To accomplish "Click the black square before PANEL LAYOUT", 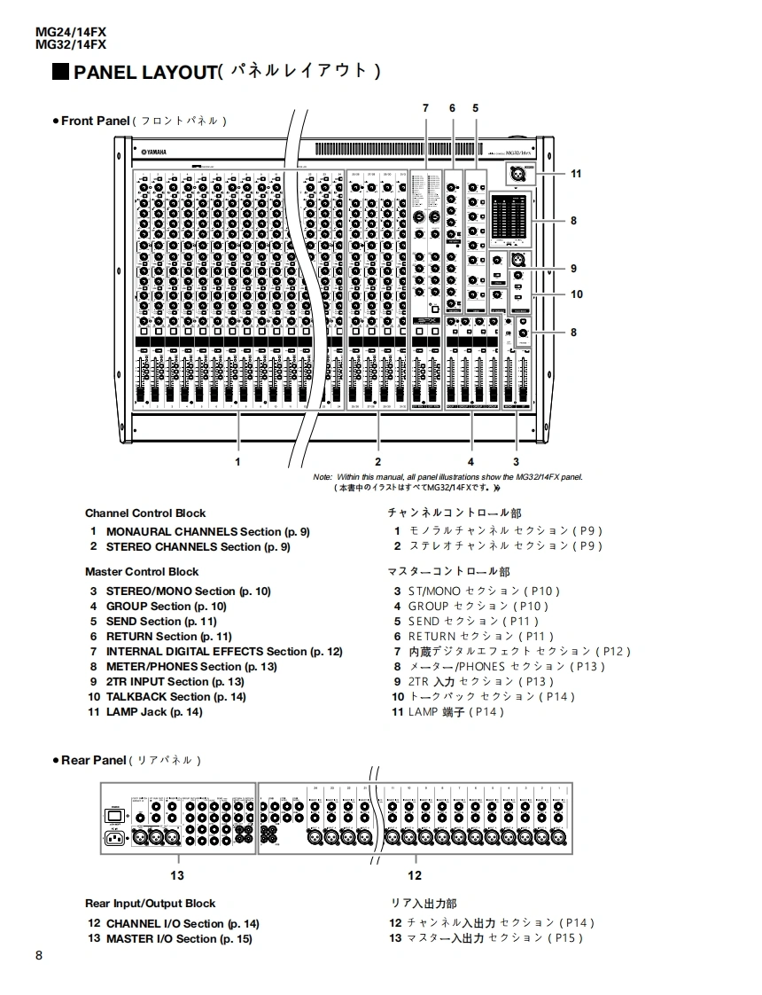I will click(x=61, y=72).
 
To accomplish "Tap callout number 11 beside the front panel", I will click(x=576, y=174).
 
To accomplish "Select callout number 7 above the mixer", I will click(x=425, y=108).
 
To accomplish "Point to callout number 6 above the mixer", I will click(x=452, y=108).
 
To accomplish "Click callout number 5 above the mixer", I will click(x=476, y=108).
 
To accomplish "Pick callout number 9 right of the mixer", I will click(x=574, y=269).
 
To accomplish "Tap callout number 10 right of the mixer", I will click(x=577, y=294).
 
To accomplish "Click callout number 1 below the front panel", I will click(x=237, y=461).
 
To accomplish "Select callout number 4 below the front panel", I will click(x=470, y=461).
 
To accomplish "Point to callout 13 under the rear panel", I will click(x=177, y=875).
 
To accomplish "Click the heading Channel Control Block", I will click(x=145, y=513).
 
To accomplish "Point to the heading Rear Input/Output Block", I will click(x=150, y=904).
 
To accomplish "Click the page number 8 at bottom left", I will click(x=39, y=955).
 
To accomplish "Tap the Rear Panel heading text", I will click(x=94, y=760).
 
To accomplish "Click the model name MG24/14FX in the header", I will click(x=71, y=32).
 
